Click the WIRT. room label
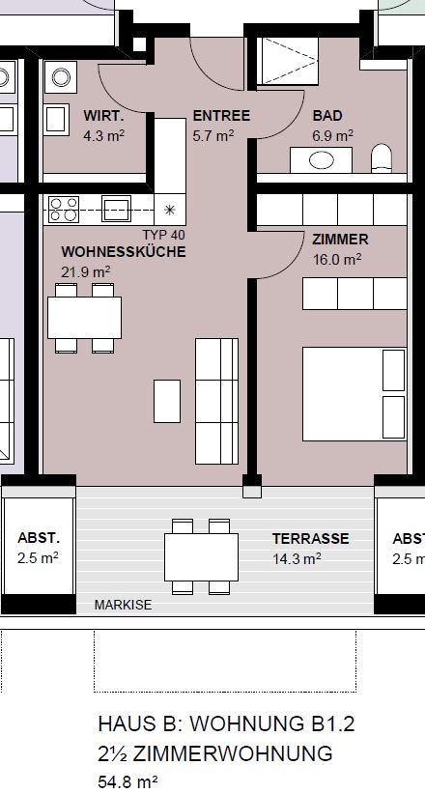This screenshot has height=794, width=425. [x=104, y=116]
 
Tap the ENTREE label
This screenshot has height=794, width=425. [x=221, y=116]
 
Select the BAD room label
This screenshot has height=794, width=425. [x=327, y=116]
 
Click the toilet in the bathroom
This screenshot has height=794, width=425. [x=382, y=158]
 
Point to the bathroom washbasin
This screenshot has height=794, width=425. [x=321, y=160]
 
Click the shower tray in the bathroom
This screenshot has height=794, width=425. [x=288, y=61]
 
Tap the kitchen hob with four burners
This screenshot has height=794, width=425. [x=64, y=210]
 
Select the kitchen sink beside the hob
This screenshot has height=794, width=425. [x=116, y=209]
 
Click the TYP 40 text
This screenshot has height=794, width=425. [x=163, y=235]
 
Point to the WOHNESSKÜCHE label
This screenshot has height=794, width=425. [x=124, y=252]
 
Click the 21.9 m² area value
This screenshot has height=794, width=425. [x=86, y=272]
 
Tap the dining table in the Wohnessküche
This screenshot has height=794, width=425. [x=85, y=318]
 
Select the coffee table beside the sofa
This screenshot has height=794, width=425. [x=167, y=401]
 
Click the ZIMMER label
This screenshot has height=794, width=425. [x=340, y=239]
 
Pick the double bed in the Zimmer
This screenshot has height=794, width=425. [x=354, y=394]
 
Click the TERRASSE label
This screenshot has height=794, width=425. [x=310, y=539]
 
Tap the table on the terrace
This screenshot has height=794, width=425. [x=201, y=557]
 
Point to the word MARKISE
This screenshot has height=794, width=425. [x=123, y=605]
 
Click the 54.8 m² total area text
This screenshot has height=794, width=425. [x=127, y=781]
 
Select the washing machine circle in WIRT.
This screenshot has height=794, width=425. [x=61, y=77]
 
